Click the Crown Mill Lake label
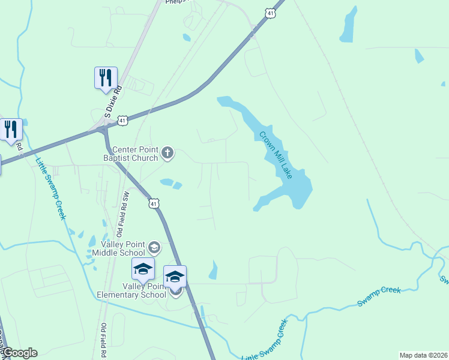coord(276,154)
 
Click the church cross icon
coord(168,154)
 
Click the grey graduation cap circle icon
coord(154,247)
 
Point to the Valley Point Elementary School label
coord(131,290)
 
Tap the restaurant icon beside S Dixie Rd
coord(106,79)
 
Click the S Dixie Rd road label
coord(112,101)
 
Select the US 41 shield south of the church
coord(154,204)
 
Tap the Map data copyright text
coord(424,355)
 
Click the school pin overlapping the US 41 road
coord(175,277)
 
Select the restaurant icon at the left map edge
coord(11,130)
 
